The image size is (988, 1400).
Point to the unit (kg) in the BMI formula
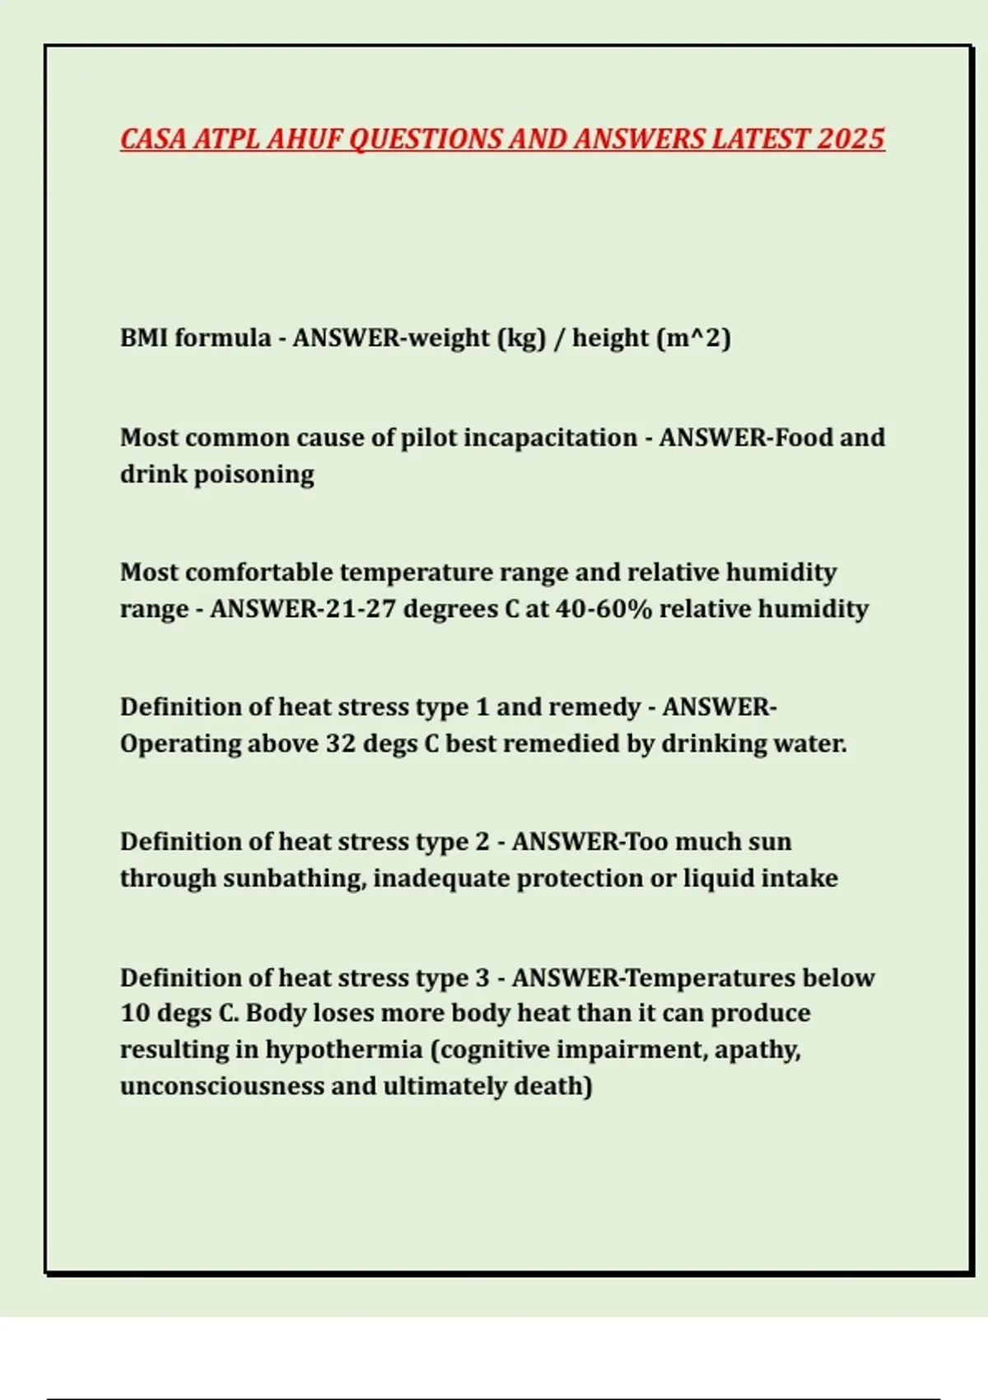click(x=522, y=338)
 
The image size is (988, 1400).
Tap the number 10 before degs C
click(x=134, y=1013)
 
